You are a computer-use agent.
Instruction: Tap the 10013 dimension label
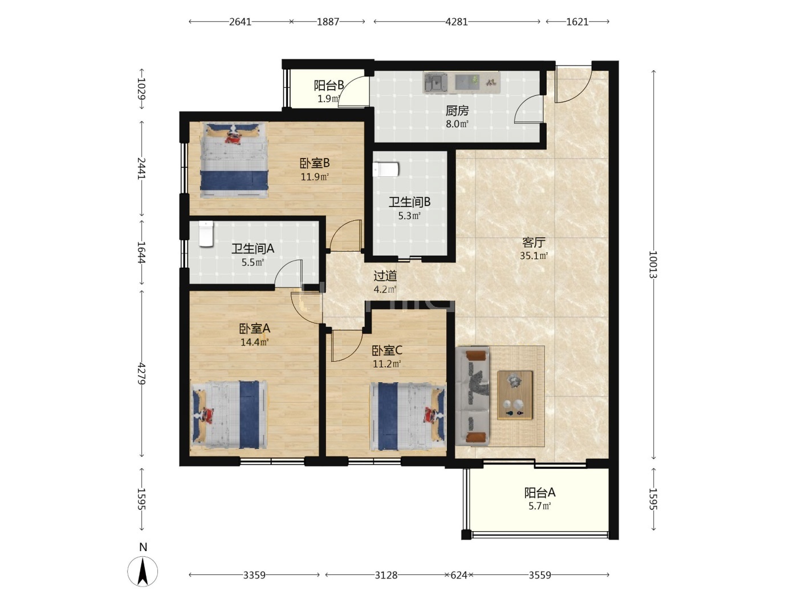(653, 264)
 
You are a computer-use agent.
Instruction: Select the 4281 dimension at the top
(457, 22)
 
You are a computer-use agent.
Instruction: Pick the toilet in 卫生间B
(386, 169)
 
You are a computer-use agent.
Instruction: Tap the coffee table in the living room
(515, 395)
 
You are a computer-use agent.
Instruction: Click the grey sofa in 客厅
(473, 396)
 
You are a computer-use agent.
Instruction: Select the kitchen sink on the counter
(435, 82)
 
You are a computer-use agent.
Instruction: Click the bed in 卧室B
(234, 160)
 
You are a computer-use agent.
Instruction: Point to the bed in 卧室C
(408, 416)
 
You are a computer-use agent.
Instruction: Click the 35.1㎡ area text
(534, 256)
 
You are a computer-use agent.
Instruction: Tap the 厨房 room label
(457, 110)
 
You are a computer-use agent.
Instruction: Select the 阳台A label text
(540, 492)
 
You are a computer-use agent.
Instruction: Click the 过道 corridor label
(385, 276)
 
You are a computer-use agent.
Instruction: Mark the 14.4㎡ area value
(254, 342)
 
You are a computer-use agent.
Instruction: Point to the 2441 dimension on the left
(142, 168)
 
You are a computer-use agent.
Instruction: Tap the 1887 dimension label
(328, 22)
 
